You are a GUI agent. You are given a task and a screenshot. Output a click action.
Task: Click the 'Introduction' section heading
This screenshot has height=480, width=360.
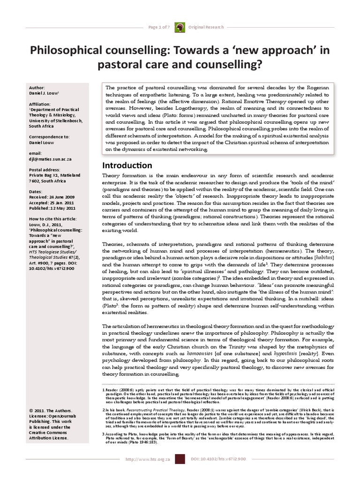point(127,165)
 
